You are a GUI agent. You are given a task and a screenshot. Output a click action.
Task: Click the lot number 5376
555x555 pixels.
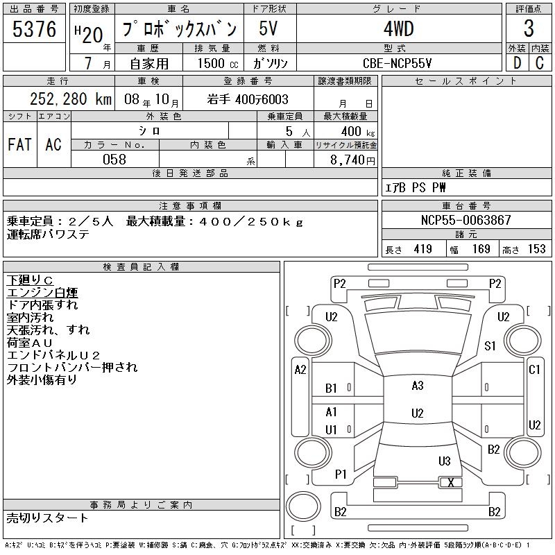pos(34,29)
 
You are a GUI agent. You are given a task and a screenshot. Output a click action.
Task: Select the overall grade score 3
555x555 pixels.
pos(529,28)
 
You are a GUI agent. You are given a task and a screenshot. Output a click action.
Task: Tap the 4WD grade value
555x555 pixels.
pos(399,28)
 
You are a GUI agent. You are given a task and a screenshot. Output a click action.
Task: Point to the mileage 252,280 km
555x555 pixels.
pos(71,99)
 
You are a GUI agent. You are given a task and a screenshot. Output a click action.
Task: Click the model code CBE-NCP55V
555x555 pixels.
pos(397,63)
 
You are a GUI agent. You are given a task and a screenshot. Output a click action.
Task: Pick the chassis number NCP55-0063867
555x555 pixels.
pos(466,220)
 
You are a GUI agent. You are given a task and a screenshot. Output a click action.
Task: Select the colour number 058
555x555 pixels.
pos(114,160)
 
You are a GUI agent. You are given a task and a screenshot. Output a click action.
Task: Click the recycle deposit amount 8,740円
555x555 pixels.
pos(352,160)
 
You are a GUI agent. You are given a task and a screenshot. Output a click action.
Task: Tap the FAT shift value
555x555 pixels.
pos(19,144)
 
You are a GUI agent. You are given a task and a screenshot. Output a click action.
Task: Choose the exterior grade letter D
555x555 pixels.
pos(517,63)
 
